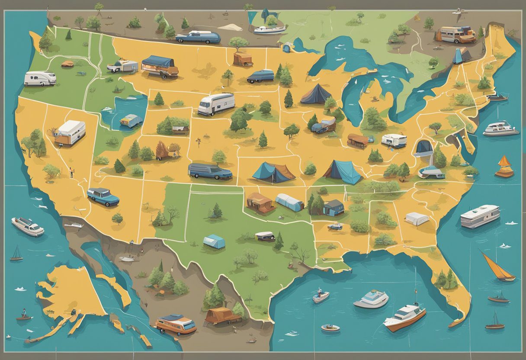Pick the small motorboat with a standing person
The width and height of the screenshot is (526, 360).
click(x=321, y=296)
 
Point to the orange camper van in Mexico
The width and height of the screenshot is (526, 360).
click(x=176, y=324)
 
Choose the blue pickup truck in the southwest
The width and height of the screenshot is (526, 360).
click(x=103, y=196)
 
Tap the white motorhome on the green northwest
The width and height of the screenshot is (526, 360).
click(x=40, y=78)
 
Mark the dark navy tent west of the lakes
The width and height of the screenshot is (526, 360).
click(x=315, y=94)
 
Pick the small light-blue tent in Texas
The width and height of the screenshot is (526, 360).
click(x=214, y=241)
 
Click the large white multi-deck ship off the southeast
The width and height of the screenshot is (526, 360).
click(x=480, y=216)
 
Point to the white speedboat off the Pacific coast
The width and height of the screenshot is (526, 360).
click(x=28, y=226)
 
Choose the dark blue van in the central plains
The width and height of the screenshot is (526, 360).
click(x=210, y=171)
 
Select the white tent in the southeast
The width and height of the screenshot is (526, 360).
click(x=417, y=219)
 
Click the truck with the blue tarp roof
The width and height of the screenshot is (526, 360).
click(x=160, y=67)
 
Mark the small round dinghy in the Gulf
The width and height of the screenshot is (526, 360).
click(x=330, y=328)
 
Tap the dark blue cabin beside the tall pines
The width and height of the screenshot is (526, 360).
click(x=333, y=208)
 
